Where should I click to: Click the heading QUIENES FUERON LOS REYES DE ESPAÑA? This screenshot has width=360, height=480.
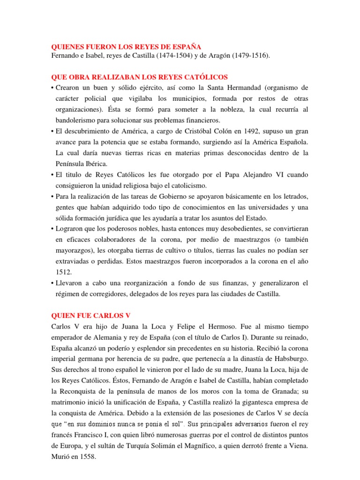126,47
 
